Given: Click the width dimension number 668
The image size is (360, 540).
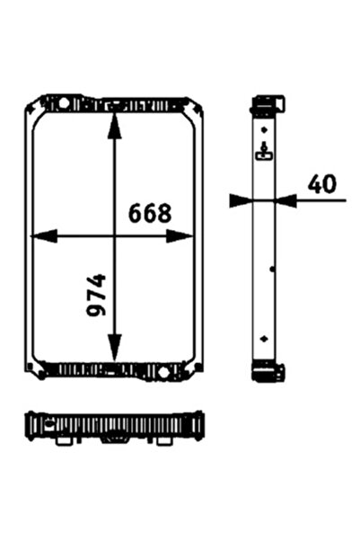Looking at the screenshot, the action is tap(150, 213).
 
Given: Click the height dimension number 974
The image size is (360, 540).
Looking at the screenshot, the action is tap(96, 295).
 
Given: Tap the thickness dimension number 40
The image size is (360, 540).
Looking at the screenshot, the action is tap(321, 184).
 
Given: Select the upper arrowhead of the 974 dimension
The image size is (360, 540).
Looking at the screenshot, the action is tap(114, 126).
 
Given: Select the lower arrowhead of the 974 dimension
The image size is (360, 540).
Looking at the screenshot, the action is tap(114, 349).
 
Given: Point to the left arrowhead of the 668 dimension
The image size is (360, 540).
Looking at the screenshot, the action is tap(44, 236).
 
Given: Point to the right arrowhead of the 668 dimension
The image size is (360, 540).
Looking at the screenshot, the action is tap(180, 236).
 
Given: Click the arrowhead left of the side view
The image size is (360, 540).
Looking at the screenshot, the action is tap(241, 200).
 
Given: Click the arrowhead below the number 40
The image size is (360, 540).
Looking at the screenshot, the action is tap(285, 200).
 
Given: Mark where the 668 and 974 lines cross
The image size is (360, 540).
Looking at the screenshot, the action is tap(114, 236).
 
